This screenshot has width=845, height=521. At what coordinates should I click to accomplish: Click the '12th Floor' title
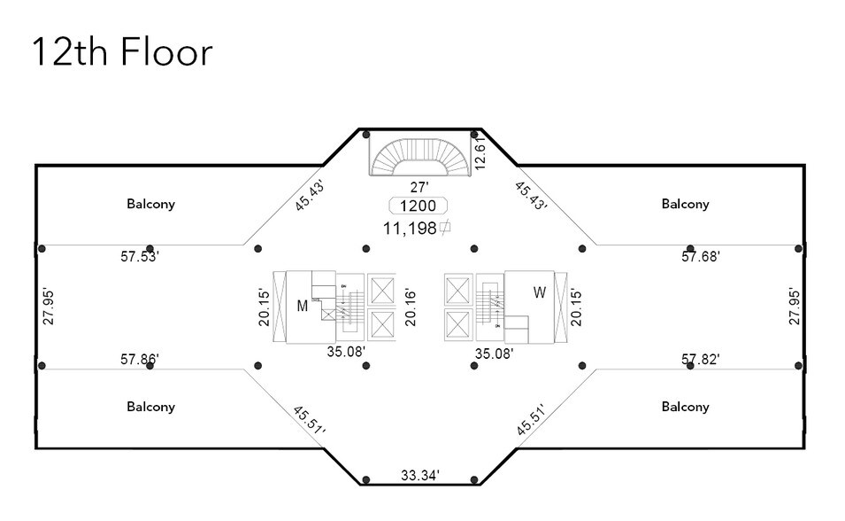click(122, 52)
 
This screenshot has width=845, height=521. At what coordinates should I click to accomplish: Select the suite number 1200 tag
click(419, 206)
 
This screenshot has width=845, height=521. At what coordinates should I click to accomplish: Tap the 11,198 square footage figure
click(416, 229)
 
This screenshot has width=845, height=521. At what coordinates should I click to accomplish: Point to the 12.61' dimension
click(480, 152)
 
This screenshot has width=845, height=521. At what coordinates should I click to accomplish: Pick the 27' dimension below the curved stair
click(419, 187)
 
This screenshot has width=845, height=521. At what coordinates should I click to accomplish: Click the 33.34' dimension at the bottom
click(419, 476)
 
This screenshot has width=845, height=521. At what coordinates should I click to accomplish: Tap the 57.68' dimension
click(700, 257)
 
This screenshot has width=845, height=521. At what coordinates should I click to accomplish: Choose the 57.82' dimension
click(700, 360)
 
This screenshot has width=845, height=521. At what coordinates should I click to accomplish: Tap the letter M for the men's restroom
click(302, 306)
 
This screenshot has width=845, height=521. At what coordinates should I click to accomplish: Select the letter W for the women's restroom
click(540, 292)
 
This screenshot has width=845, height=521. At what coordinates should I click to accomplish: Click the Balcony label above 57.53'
click(150, 204)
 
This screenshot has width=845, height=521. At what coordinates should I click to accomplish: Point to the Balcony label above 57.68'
click(685, 204)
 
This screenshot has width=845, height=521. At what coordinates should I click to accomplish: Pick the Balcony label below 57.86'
click(150, 407)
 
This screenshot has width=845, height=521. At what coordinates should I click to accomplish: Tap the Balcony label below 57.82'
click(685, 407)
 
